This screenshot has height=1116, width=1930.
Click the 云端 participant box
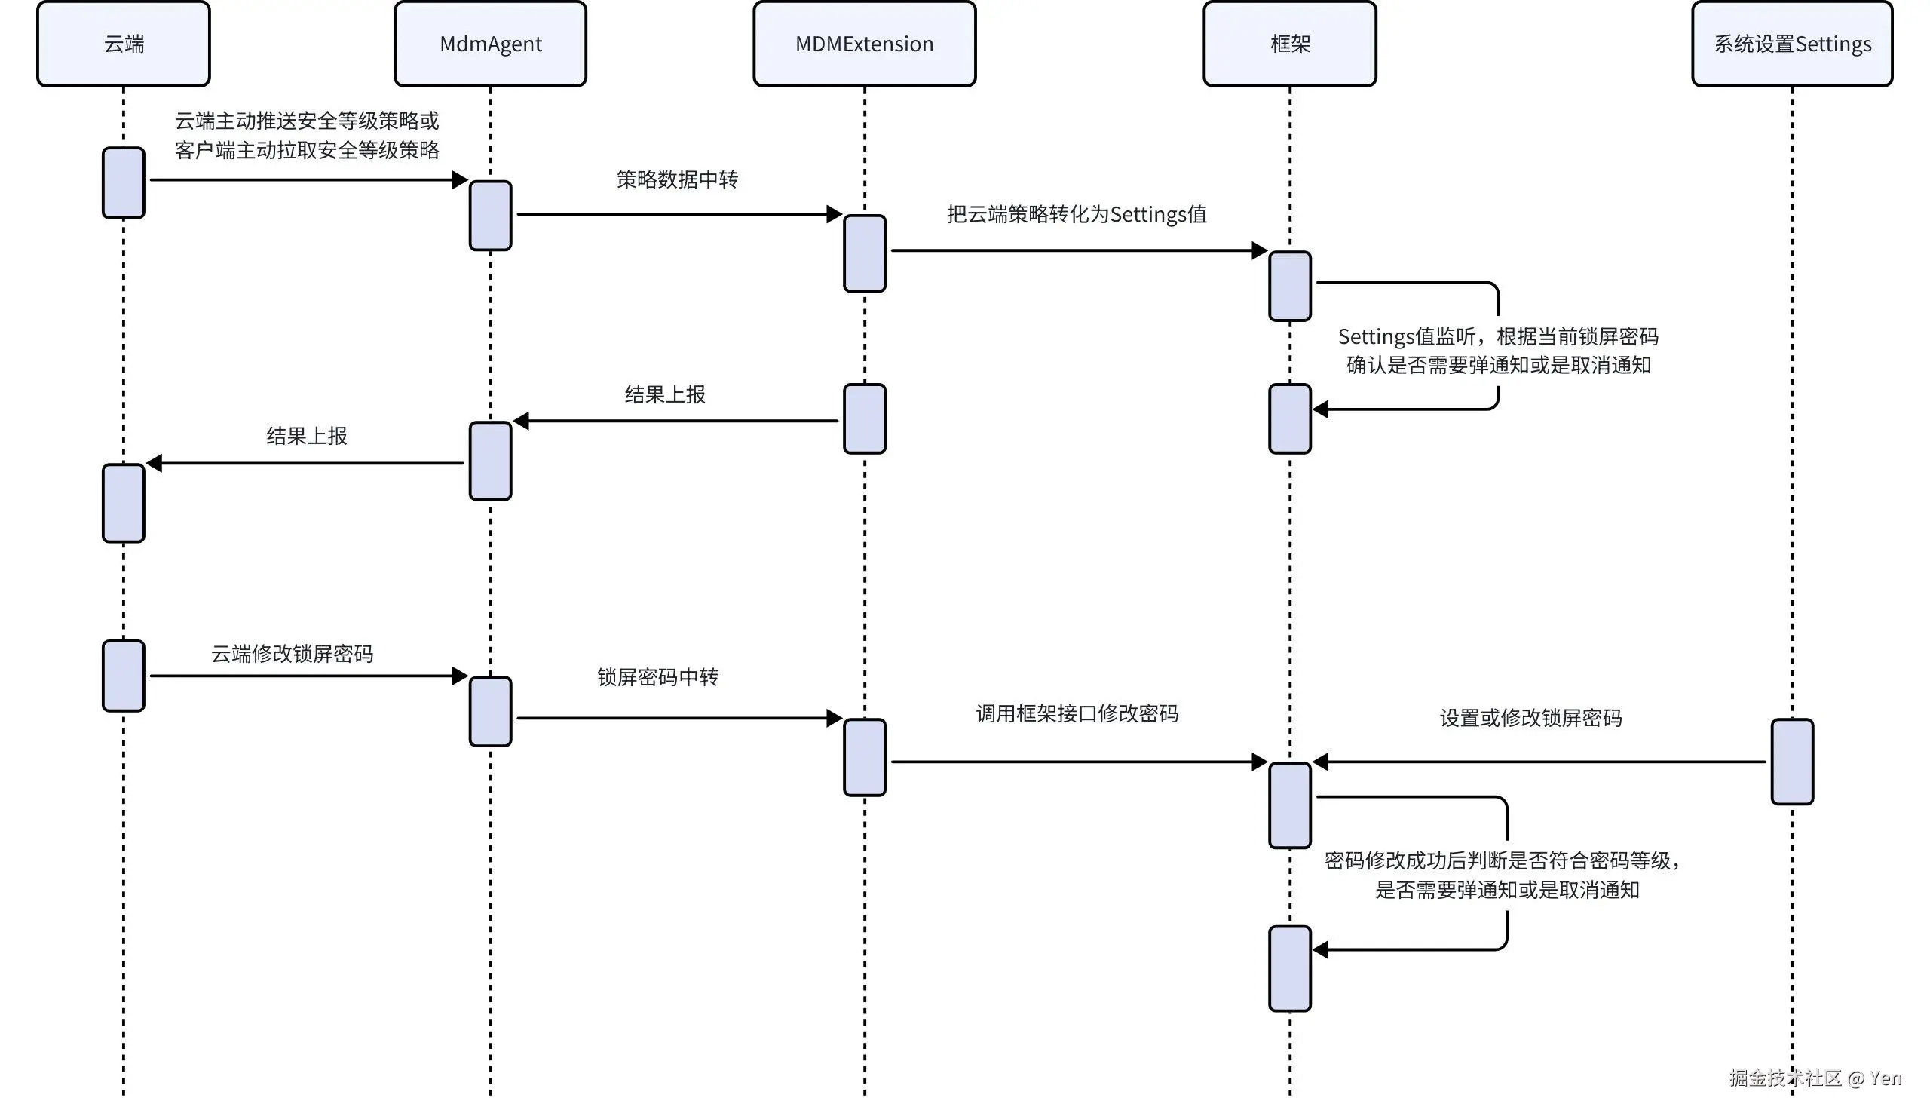point(124,44)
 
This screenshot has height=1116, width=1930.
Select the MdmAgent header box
point(490,44)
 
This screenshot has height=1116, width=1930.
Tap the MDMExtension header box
point(864,44)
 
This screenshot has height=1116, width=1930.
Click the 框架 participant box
point(1290,44)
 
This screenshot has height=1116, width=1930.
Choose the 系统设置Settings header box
point(1791,44)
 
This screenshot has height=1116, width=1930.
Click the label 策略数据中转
point(677,179)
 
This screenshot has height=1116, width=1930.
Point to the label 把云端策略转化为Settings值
point(1076,214)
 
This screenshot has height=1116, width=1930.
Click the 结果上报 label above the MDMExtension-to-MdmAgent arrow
point(665,394)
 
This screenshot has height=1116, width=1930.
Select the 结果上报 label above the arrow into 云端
point(306,436)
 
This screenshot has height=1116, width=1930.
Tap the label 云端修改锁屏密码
point(292,653)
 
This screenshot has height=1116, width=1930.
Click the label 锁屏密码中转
point(657,677)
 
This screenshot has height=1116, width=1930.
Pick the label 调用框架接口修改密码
point(1077,713)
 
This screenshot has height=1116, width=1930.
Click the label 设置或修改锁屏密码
point(1530,718)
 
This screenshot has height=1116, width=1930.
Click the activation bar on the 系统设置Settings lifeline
point(1791,762)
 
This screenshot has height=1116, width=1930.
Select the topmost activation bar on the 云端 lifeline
point(124,182)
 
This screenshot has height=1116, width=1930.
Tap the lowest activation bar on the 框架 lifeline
point(1290,968)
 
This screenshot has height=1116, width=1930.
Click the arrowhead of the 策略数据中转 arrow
point(835,214)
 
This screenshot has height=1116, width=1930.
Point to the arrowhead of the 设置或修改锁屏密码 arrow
point(1320,762)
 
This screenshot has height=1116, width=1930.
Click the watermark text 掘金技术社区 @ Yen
point(1815,1078)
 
